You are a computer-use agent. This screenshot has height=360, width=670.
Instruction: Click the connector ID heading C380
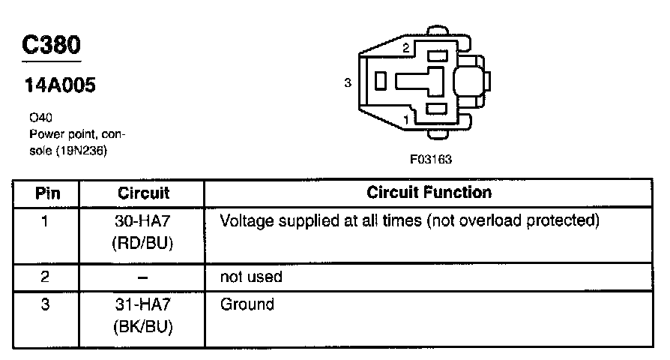tap(50, 46)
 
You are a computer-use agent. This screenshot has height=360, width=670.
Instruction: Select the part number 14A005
tap(61, 86)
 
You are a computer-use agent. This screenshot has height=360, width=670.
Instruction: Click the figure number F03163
tap(430, 159)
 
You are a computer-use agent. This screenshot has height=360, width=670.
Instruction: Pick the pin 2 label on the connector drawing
tap(405, 49)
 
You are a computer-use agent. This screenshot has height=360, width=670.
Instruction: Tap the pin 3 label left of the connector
tap(348, 83)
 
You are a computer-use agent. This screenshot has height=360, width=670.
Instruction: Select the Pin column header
tap(48, 193)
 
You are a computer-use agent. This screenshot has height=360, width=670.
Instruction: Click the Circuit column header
tap(144, 193)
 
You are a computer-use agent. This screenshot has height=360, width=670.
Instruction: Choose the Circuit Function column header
tap(429, 192)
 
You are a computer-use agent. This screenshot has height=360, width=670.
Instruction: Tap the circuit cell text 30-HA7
tap(144, 222)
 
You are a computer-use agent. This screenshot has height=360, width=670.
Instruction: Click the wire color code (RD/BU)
tap(144, 243)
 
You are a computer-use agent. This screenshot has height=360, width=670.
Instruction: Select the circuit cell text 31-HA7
tap(144, 305)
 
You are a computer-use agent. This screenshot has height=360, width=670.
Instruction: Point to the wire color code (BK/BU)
tap(144, 327)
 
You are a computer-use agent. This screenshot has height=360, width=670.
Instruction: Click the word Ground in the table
tap(247, 305)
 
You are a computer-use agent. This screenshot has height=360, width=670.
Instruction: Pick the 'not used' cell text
tap(250, 277)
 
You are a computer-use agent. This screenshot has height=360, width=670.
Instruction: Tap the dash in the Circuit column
tap(144, 277)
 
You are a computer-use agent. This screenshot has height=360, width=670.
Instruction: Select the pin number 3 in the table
tap(45, 305)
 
